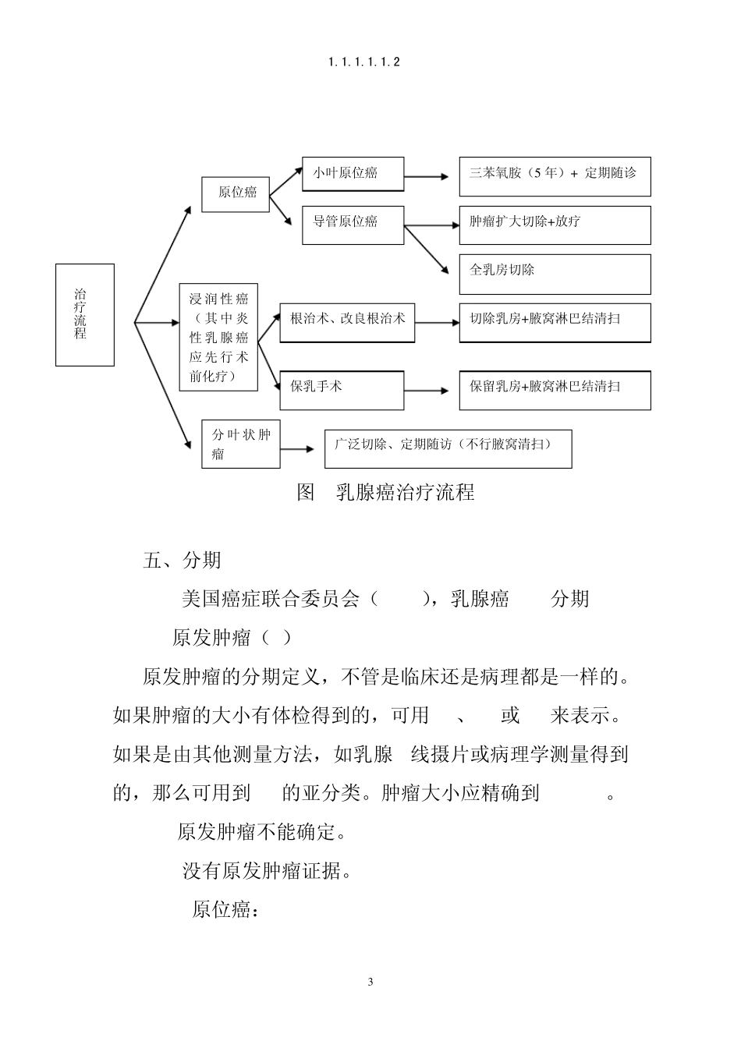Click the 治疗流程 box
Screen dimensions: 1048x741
[x=84, y=314]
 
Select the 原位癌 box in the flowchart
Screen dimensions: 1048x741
[x=236, y=193]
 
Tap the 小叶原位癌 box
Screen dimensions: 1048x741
[x=353, y=173]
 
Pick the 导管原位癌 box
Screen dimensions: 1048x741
[x=353, y=225]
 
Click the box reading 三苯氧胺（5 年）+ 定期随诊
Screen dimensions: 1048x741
[x=554, y=176]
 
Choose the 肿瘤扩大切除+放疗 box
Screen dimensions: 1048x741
[x=554, y=225]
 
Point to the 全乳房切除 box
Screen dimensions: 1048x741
[x=554, y=274]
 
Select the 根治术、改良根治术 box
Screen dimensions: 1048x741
[x=347, y=322]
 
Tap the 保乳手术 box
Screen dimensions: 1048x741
[x=342, y=390]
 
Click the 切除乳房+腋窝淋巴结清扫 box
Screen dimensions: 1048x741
[x=554, y=322]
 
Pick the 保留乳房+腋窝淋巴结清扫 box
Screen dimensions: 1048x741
[x=554, y=390]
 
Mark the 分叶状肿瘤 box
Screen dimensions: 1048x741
[x=241, y=444]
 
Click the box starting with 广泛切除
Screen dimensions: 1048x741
[x=448, y=448]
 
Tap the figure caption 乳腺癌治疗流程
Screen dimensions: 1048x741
[x=386, y=493]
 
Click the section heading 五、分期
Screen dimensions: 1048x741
[x=183, y=561]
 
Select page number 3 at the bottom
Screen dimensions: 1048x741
[x=370, y=982]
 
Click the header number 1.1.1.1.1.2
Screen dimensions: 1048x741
[x=364, y=62]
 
